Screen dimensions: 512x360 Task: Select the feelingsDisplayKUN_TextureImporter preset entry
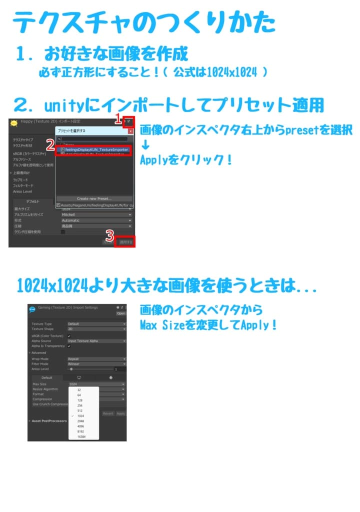95,149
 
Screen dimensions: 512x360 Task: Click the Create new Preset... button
94,198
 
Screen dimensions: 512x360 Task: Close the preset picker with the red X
130,131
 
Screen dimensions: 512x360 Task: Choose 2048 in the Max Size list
81,421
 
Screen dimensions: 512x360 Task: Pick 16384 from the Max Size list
82,436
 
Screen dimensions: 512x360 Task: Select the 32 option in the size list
79,389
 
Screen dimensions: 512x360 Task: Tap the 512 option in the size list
80,410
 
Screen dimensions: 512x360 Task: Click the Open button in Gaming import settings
121,313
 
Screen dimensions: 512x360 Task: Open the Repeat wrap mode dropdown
96,359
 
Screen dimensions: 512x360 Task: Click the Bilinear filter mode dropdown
96,364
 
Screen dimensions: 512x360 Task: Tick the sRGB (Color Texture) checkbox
69,336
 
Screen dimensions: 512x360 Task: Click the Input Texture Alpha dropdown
96,341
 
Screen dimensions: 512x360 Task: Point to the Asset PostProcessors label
49,421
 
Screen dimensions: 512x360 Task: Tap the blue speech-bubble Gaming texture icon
32,309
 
